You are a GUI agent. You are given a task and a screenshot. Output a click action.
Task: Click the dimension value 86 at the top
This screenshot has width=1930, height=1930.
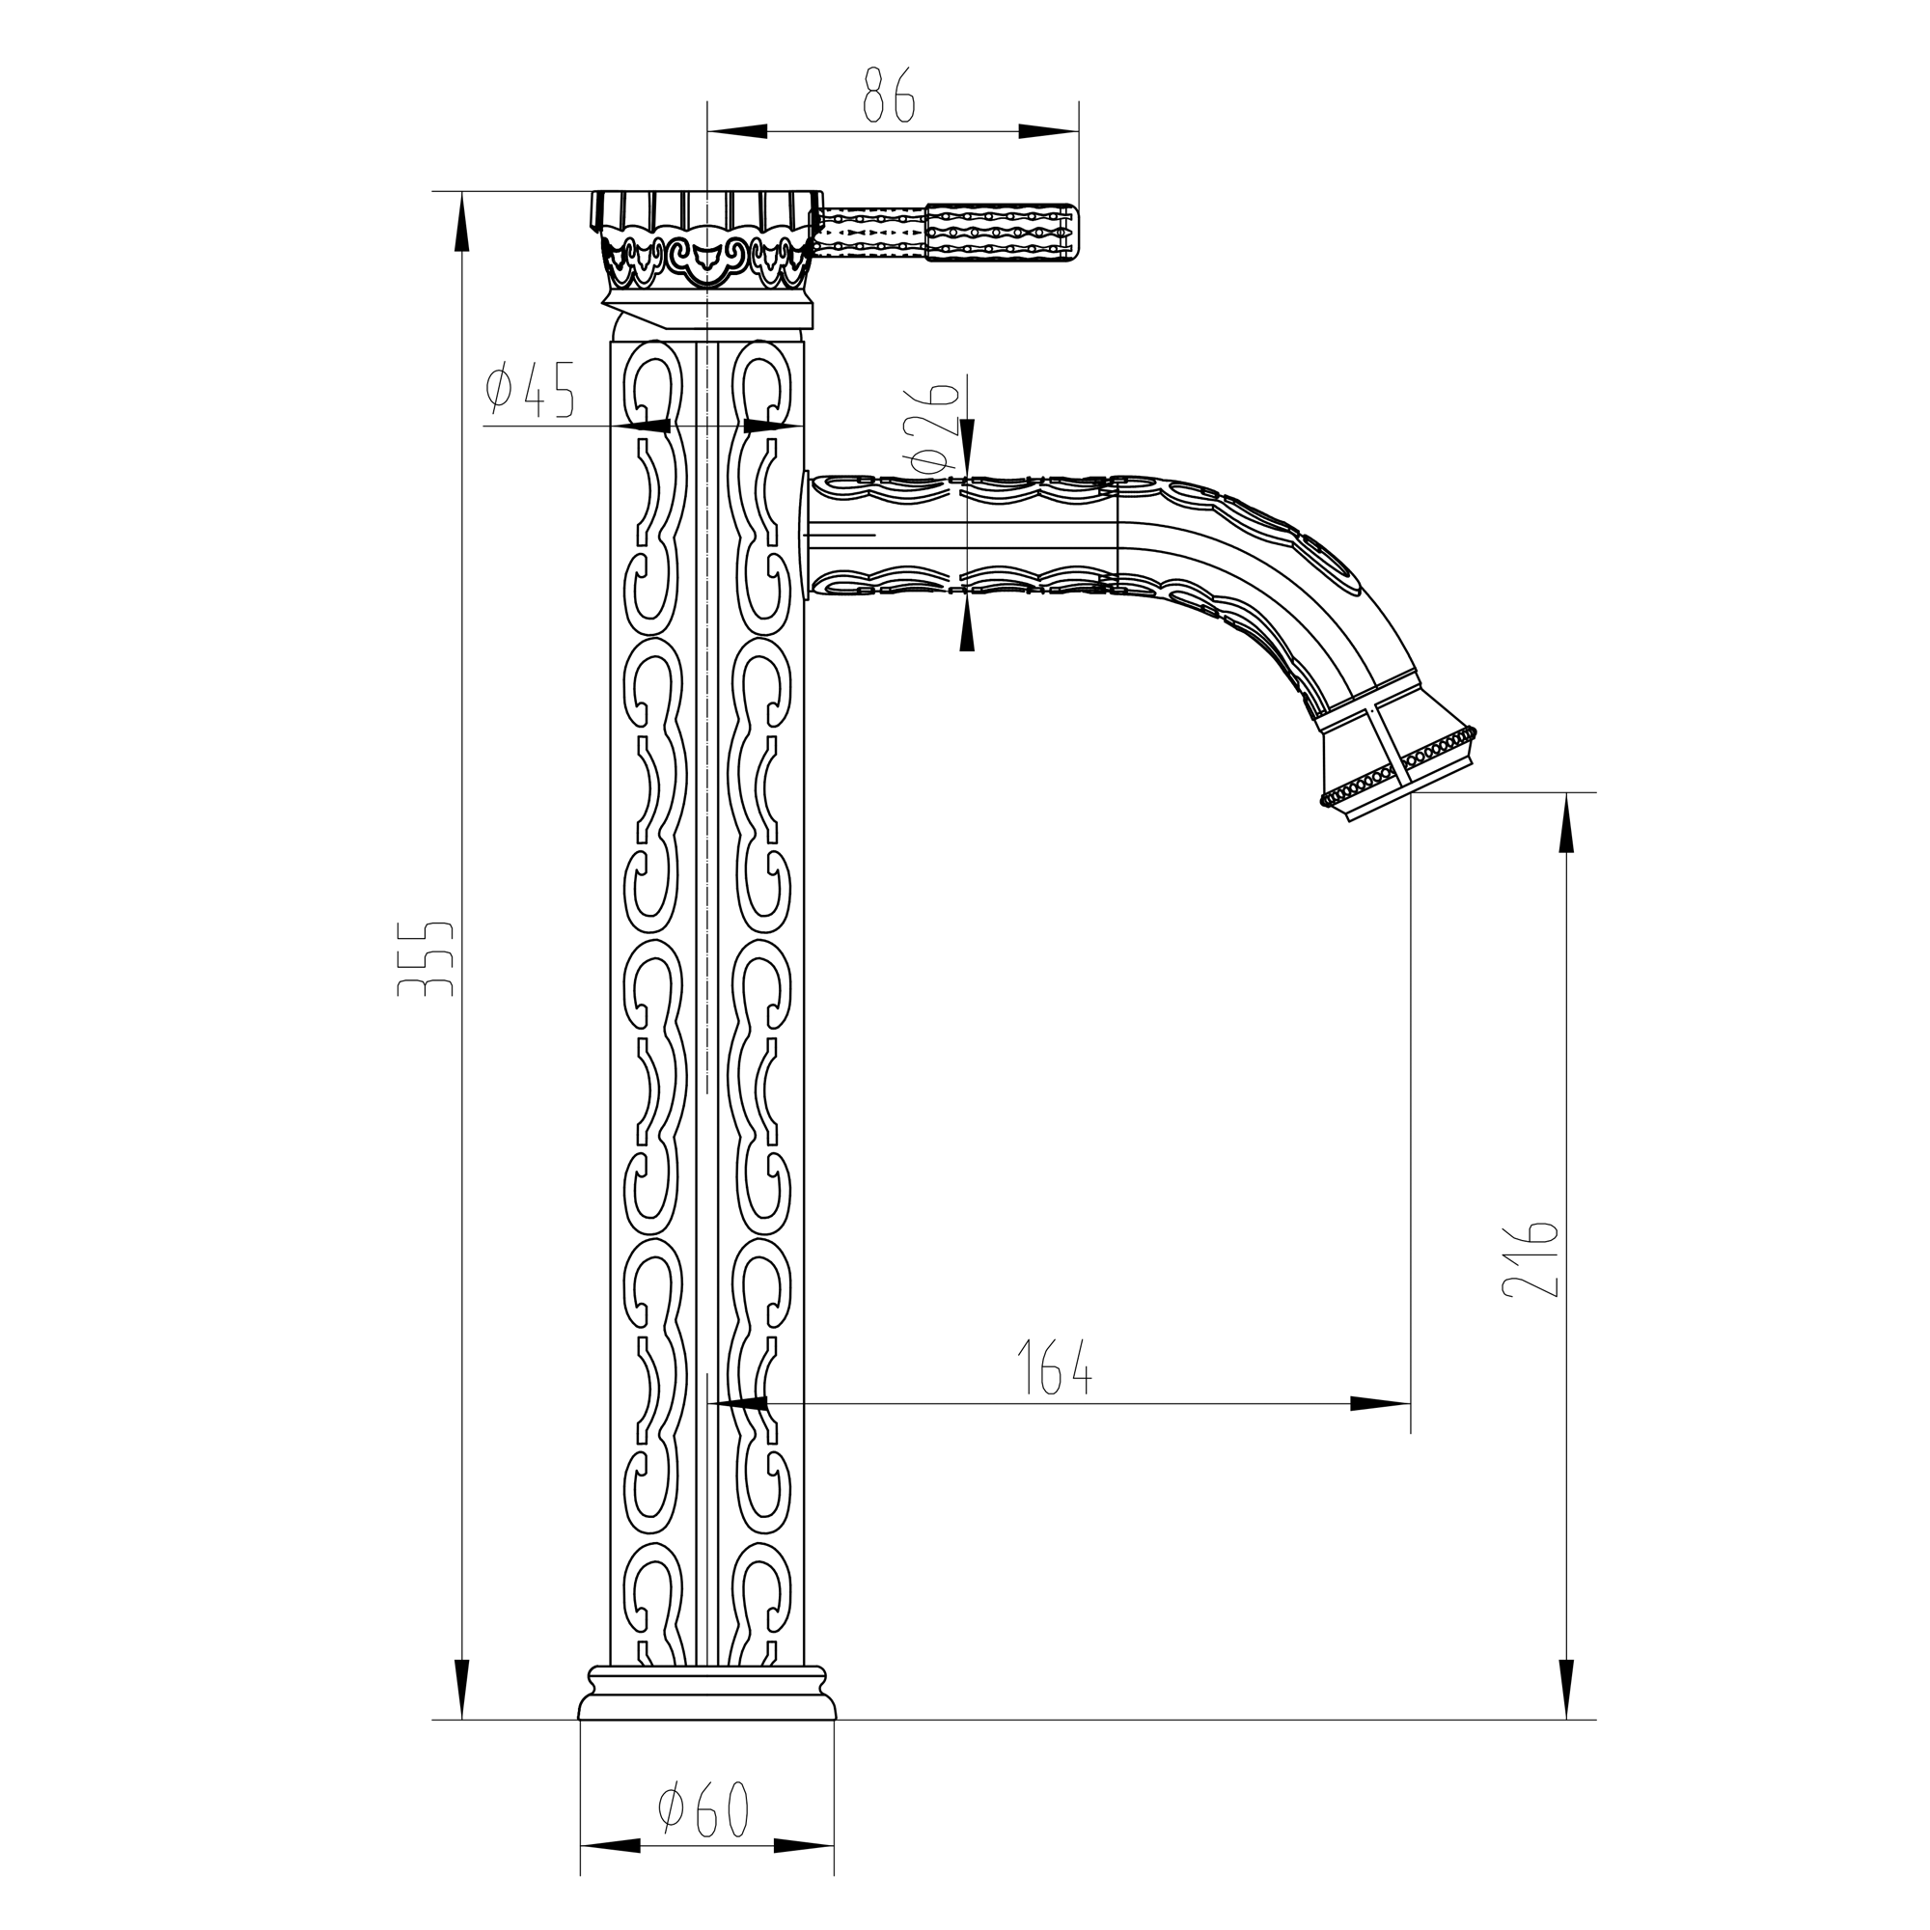click(889, 96)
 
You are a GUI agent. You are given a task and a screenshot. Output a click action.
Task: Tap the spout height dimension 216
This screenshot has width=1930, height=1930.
click(1530, 1258)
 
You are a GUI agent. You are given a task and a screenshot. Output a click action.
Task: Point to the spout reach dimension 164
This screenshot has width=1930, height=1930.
click(1054, 1366)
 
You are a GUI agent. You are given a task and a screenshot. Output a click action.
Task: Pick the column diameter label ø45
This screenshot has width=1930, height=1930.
click(531, 390)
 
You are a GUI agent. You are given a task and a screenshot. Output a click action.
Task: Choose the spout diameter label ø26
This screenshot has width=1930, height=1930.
click(931, 427)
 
